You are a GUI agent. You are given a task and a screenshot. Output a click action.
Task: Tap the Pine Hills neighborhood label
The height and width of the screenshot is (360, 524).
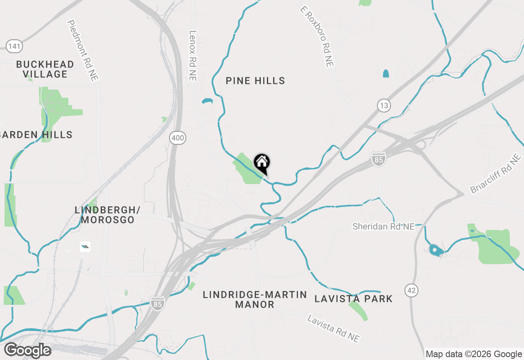255,81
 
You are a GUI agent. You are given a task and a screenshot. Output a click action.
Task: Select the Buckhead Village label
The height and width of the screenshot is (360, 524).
45,69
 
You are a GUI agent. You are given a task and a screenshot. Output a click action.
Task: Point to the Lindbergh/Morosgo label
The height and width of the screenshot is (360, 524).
108,215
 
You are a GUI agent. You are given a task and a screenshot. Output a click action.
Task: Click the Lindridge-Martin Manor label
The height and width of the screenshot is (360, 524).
255,299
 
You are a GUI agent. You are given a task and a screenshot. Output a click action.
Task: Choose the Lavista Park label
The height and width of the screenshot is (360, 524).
353,299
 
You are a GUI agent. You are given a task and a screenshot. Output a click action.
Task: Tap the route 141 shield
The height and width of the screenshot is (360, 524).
14,46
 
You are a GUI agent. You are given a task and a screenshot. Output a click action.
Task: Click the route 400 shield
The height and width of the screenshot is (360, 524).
178,138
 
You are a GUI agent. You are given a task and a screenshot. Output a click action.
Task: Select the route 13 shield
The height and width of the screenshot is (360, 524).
384,106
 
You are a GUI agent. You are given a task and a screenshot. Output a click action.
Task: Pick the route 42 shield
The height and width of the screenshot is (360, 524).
411,290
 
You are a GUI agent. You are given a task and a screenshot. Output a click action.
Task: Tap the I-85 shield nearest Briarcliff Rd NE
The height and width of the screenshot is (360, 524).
379,159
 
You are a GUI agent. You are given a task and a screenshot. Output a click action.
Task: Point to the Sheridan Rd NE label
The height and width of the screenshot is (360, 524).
384,226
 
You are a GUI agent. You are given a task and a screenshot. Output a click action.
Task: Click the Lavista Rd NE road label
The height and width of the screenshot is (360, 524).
334,328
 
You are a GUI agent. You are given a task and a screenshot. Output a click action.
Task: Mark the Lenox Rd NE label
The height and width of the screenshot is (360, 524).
193,55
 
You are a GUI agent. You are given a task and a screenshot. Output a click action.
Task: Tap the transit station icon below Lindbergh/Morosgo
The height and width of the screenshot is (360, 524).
85,246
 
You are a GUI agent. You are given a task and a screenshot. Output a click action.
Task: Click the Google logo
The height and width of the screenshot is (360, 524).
27,351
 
